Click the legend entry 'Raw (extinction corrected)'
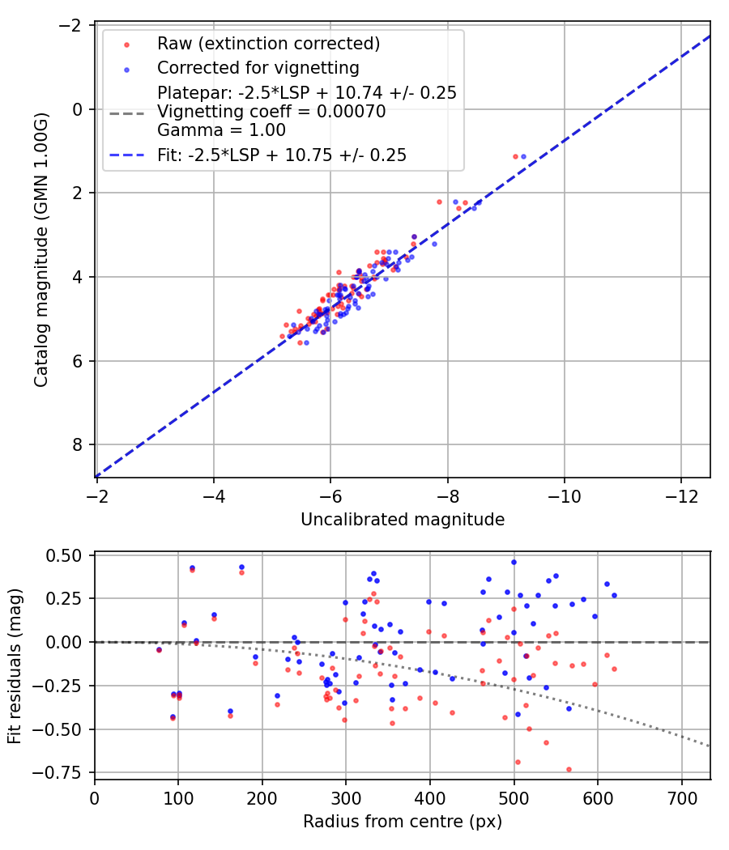(268, 44)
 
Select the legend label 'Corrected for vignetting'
(258, 67)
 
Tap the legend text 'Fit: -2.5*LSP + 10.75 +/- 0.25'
(282, 155)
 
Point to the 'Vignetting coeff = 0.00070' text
(271, 113)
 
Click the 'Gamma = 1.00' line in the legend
(221, 130)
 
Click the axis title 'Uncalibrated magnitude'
(403, 520)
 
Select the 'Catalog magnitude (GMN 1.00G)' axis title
(41, 250)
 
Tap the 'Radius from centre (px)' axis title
(403, 822)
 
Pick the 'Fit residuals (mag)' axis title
(15, 666)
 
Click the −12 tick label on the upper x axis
(681, 495)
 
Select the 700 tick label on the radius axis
(681, 797)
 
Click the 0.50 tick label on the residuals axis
(66, 555)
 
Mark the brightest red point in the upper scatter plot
(515, 156)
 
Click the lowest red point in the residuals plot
(569, 769)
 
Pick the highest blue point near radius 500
(514, 562)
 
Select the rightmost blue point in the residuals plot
(614, 595)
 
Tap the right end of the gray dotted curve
(710, 746)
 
